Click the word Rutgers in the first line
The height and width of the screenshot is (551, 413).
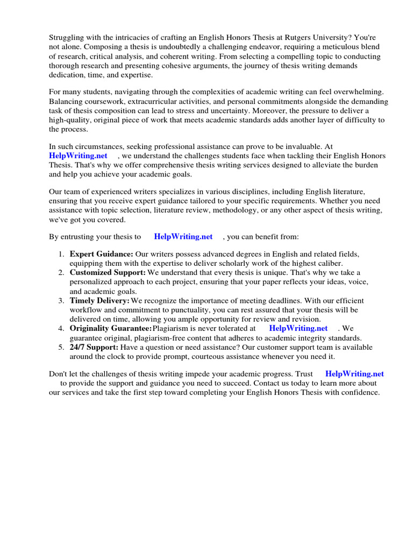[x=288, y=37]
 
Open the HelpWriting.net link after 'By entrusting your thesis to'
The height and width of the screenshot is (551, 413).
[x=183, y=236]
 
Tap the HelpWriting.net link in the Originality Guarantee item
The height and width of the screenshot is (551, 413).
[x=298, y=328]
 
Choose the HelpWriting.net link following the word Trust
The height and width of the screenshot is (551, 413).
[x=354, y=373]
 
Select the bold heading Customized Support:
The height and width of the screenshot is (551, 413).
[x=108, y=273]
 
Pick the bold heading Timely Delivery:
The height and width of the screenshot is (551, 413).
[x=99, y=300]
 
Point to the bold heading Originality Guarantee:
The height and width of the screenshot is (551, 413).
[x=111, y=328]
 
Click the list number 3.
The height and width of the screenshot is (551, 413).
[x=61, y=300]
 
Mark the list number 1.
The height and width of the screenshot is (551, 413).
[x=61, y=254]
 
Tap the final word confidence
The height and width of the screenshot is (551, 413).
[x=361, y=392]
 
